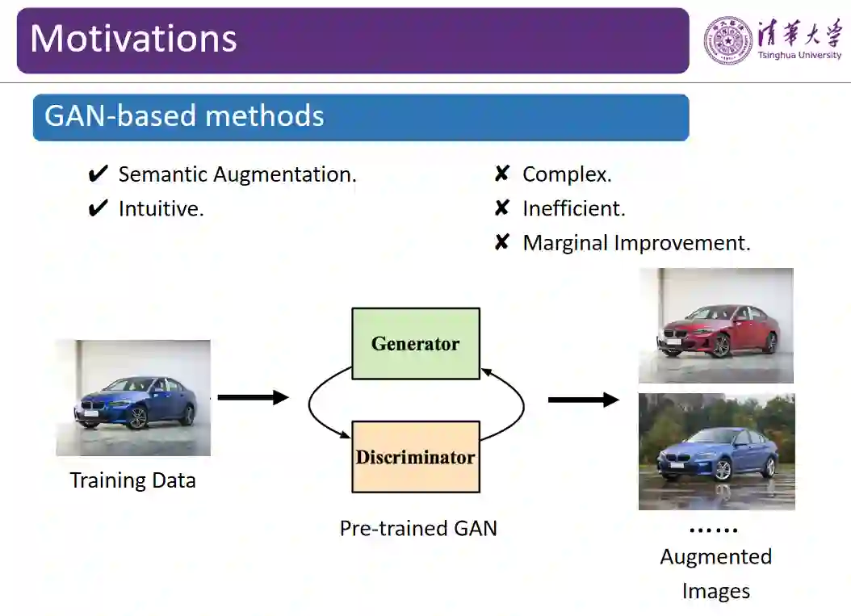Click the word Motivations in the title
point(133,39)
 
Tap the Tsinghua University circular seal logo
point(727,40)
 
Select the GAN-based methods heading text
point(184,116)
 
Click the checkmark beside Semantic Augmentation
point(98,174)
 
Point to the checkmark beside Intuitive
point(98,208)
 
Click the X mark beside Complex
point(501,174)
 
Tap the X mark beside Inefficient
point(501,208)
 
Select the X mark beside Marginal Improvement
point(501,242)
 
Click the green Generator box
point(415,344)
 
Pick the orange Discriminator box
point(415,457)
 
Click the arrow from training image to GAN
point(253,397)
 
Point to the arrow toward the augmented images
point(583,400)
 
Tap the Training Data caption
point(132,480)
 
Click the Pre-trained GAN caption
point(418,528)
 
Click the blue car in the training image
point(135,402)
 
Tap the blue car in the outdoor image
point(717,454)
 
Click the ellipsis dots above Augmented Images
point(714,530)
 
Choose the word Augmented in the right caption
point(715,556)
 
